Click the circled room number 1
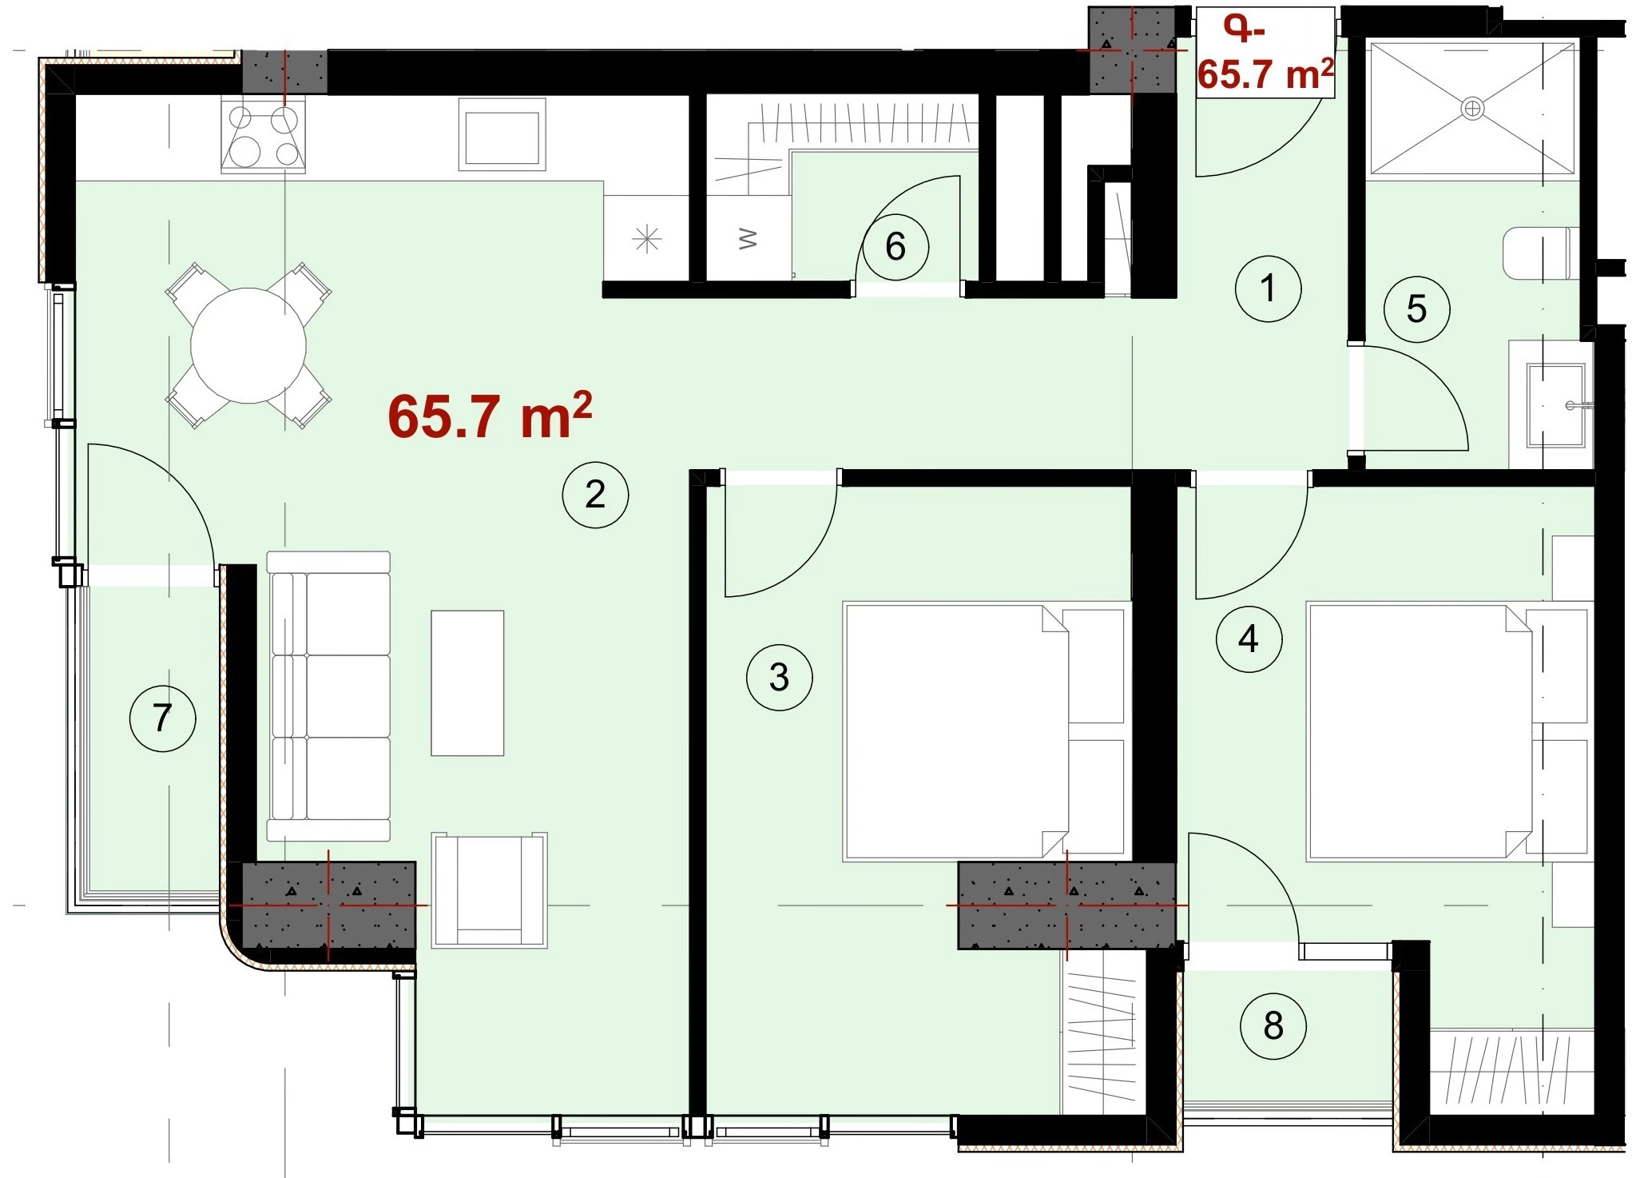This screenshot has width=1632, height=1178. (x=1268, y=289)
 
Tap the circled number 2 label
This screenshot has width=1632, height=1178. (x=595, y=495)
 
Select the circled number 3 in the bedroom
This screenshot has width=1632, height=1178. (x=779, y=678)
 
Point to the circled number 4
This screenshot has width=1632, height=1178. (x=1249, y=639)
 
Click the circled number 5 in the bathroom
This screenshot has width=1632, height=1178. (x=1416, y=309)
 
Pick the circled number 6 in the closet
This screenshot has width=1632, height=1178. (x=895, y=247)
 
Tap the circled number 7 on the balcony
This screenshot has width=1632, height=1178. (x=162, y=718)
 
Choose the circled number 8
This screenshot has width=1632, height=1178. (x=1273, y=1026)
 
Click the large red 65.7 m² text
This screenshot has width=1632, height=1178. (x=490, y=416)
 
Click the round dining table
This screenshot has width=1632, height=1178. (x=248, y=345)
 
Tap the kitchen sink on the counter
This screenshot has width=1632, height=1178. (x=502, y=135)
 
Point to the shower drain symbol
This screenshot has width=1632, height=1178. (x=1472, y=108)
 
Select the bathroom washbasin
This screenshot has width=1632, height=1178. (x=1555, y=405)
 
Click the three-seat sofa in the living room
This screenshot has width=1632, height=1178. (x=328, y=696)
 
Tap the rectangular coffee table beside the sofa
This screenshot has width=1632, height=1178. (x=467, y=683)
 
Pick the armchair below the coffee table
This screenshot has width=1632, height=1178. (x=489, y=890)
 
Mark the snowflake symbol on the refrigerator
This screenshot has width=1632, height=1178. (x=647, y=239)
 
